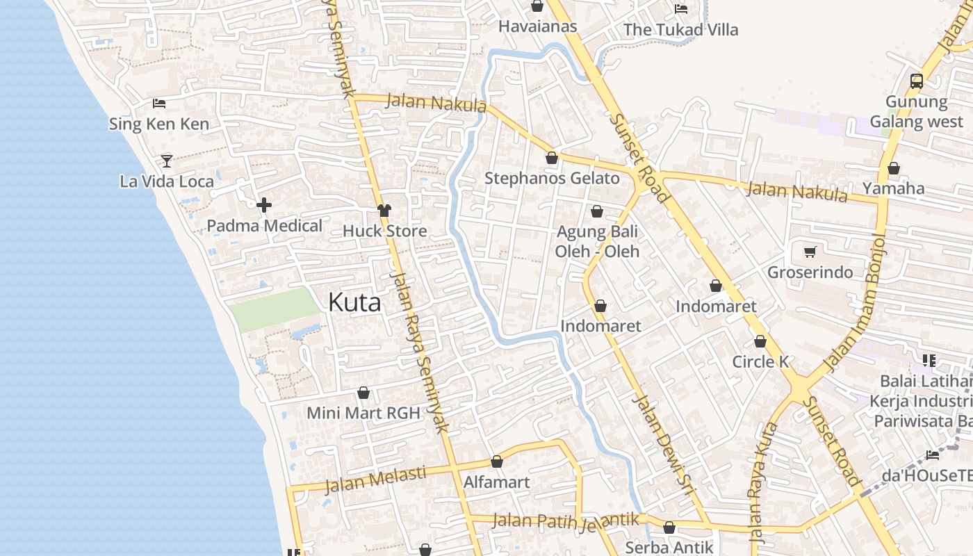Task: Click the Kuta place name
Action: pyautogui.click(x=354, y=302)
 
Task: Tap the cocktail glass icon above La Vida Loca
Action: pyautogui.click(x=167, y=161)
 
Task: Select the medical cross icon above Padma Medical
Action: pyautogui.click(x=264, y=205)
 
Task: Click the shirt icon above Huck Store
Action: pyautogui.click(x=384, y=210)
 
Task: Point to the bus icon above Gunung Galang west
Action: pyautogui.click(x=917, y=81)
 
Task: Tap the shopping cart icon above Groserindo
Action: pyautogui.click(x=810, y=252)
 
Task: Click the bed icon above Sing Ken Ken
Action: pyautogui.click(x=159, y=104)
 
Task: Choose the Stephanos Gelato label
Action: pyautogui.click(x=552, y=178)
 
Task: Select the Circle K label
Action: pyautogui.click(x=761, y=361)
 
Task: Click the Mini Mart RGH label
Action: pyautogui.click(x=363, y=413)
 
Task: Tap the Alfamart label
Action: pyautogui.click(x=496, y=482)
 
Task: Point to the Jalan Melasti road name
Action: pyautogui.click(x=375, y=479)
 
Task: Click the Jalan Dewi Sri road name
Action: pyautogui.click(x=665, y=445)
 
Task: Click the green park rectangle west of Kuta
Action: pyautogui.click(x=275, y=309)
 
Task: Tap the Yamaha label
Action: pyautogui.click(x=893, y=188)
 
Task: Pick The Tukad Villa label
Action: pyautogui.click(x=680, y=30)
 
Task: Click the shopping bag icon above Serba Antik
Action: pyautogui.click(x=669, y=528)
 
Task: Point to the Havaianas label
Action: pyautogui.click(x=538, y=26)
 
